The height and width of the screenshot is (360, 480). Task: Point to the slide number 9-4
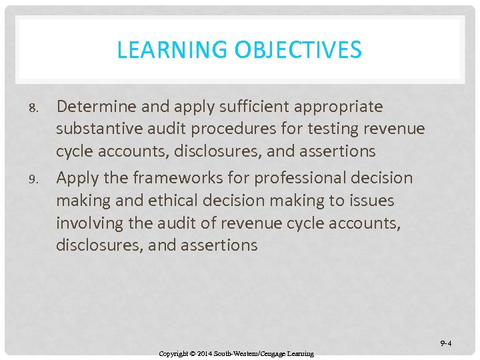click(445, 343)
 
